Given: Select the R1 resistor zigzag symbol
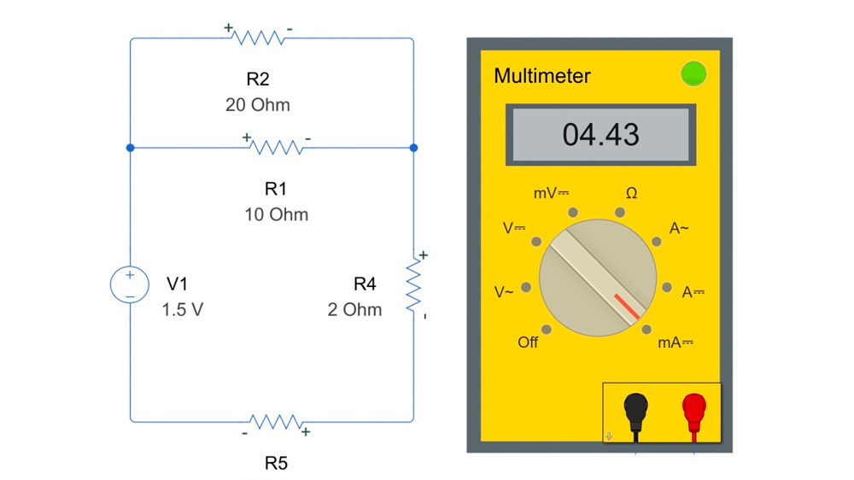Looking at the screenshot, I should (276, 148).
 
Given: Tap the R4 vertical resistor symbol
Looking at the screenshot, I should (414, 285).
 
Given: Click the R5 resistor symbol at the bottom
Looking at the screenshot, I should (275, 421).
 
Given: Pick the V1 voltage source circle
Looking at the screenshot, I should (130, 284).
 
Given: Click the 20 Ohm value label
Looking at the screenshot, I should (257, 105).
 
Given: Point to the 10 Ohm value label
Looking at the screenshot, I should (276, 214).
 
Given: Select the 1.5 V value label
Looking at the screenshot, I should (183, 309).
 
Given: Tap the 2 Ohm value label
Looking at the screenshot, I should (354, 309).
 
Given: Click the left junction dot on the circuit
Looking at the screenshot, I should (130, 148).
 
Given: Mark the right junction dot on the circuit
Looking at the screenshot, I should (414, 148).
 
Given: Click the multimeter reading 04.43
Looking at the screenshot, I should (600, 134).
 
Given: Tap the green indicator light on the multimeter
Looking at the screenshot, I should (693, 74).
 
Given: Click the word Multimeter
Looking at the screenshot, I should (541, 76).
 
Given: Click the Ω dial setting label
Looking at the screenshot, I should (631, 194).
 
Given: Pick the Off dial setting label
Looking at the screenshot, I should (528, 342).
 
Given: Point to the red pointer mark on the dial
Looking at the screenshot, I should (627, 307).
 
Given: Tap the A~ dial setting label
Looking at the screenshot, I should (679, 229).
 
